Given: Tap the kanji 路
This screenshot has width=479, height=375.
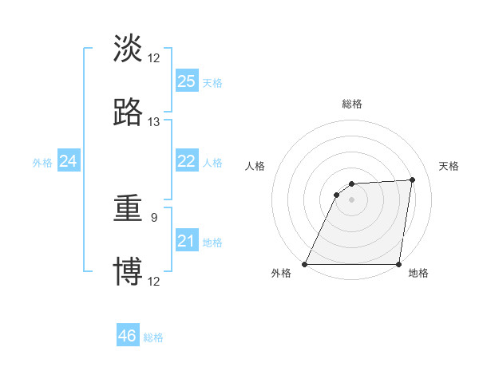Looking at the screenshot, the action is click(x=128, y=112).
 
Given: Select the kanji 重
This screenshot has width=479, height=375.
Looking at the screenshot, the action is click(x=128, y=210).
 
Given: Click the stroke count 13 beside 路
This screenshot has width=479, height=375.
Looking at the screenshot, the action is click(x=154, y=122).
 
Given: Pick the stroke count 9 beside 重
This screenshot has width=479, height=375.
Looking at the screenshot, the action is click(x=154, y=215).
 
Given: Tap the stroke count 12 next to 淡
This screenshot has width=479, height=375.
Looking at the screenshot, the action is click(x=154, y=58).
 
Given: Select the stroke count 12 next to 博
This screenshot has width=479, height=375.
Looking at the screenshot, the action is click(x=154, y=281).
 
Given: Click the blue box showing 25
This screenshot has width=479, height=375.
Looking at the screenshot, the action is click(x=187, y=81).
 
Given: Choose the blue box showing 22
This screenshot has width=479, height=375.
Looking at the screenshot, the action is click(x=187, y=161).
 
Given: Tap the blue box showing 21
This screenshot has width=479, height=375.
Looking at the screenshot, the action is click(x=187, y=241).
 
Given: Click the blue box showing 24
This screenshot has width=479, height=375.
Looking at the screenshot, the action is click(x=68, y=161).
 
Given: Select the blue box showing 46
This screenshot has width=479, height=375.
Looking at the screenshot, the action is click(x=128, y=336).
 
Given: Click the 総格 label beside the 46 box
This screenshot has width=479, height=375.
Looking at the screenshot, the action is click(x=153, y=337).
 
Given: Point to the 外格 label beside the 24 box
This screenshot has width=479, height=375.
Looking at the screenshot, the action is click(x=42, y=163).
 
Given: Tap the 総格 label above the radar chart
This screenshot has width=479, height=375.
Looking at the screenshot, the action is click(x=352, y=104).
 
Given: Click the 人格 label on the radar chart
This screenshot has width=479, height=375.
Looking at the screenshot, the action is click(x=255, y=166).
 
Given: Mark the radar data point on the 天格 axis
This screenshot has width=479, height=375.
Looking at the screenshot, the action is click(x=413, y=180).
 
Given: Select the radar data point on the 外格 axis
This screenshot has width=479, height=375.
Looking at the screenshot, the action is click(x=305, y=264).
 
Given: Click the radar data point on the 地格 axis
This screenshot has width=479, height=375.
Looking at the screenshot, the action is click(x=398, y=264).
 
